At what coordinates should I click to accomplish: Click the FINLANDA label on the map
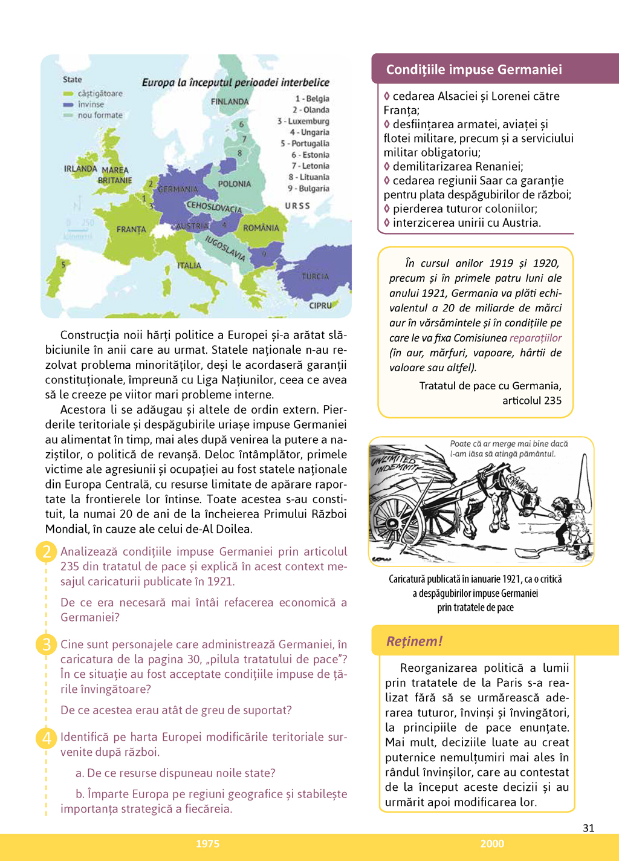tap(230, 102)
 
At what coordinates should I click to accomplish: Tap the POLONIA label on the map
tap(235, 184)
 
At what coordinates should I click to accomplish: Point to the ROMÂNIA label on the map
tap(261, 228)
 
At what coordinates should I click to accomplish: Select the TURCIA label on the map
tap(316, 276)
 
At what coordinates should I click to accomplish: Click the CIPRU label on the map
tap(320, 305)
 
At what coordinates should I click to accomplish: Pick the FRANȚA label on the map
tap(131, 230)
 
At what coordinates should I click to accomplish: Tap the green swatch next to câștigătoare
tap(68, 94)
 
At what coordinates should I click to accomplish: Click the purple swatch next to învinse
tap(68, 105)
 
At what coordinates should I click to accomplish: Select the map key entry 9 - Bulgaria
tap(308, 189)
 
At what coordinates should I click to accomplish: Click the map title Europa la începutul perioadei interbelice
tap(236, 83)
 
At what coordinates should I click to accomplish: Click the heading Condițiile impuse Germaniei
tap(474, 70)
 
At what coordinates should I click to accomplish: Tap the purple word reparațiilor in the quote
tap(536, 338)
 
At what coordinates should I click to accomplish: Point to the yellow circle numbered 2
tap(47, 551)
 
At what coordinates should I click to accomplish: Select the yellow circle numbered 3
tap(47, 645)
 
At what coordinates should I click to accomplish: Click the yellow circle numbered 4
tap(47, 738)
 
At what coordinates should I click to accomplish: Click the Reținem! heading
tap(415, 641)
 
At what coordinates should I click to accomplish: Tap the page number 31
tap(588, 828)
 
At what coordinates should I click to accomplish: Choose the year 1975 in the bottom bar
tap(207, 843)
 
